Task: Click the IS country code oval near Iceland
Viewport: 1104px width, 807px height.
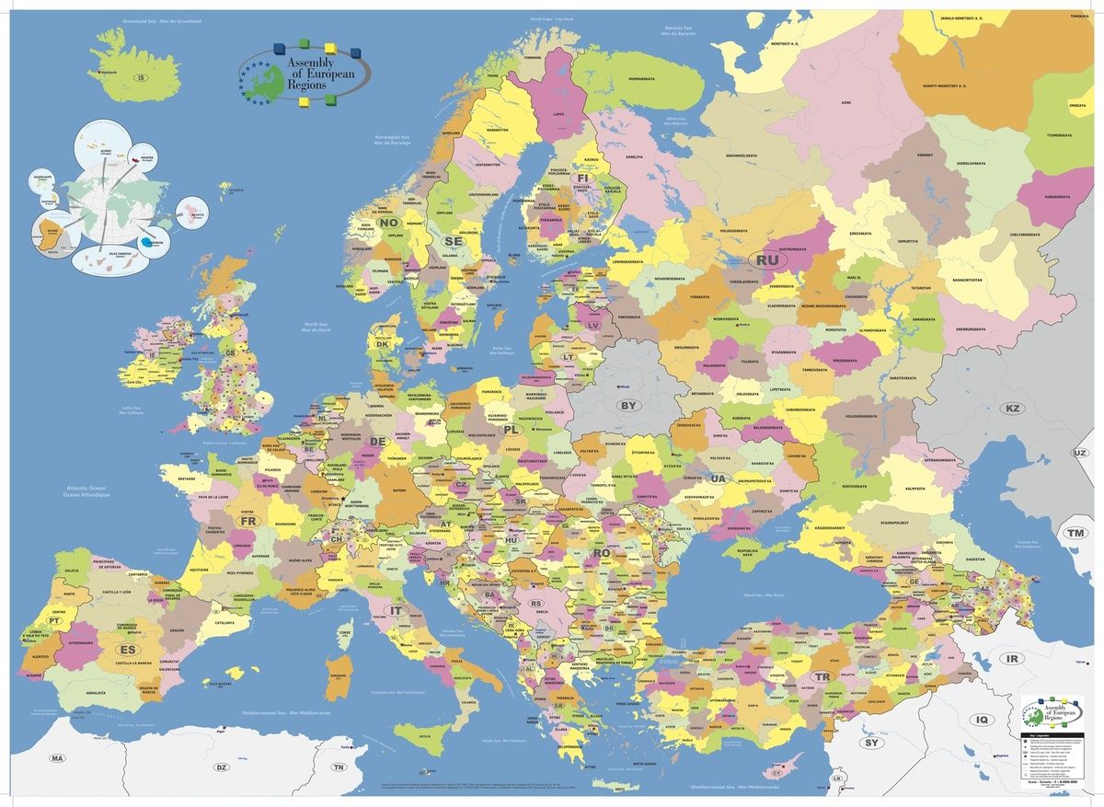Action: click(141, 77)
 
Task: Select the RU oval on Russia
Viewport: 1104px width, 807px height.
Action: click(767, 260)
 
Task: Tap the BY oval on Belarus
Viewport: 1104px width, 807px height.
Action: click(628, 405)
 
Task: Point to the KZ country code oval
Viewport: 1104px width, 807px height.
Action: click(1013, 408)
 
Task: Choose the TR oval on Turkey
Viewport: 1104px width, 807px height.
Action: click(822, 677)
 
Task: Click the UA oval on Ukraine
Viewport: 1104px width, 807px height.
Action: click(718, 478)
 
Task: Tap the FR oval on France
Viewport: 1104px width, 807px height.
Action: click(248, 521)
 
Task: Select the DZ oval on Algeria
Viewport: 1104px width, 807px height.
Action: click(221, 767)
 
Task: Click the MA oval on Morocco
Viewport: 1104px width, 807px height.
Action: click(58, 758)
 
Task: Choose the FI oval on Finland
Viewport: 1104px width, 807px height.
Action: click(582, 178)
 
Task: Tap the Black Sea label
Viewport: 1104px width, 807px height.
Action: click(759, 595)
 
